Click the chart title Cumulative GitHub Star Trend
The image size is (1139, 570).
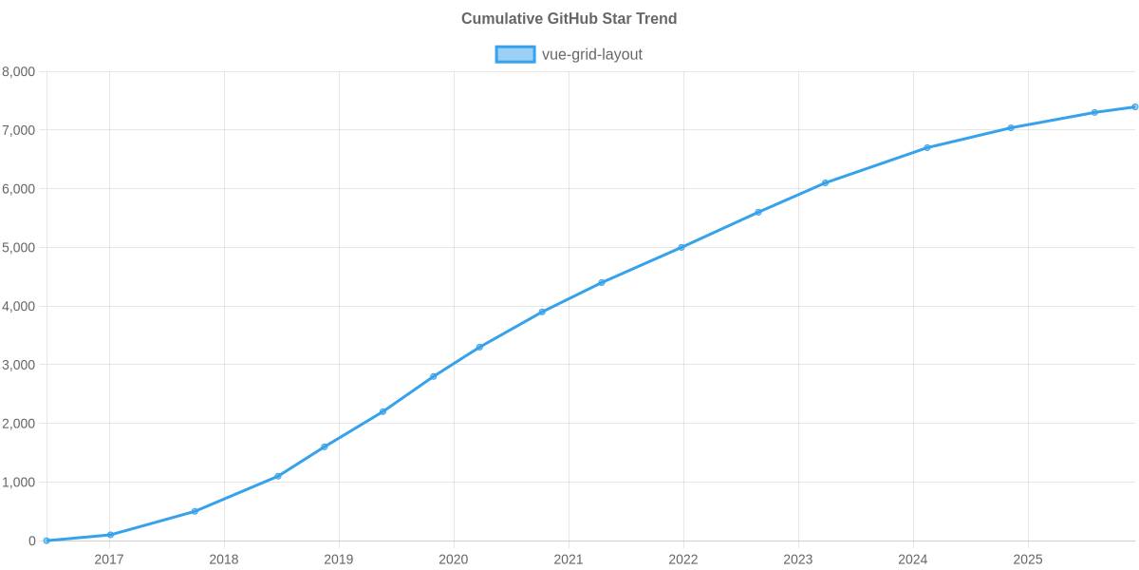(x=569, y=19)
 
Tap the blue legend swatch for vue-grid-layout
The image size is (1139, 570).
(x=514, y=54)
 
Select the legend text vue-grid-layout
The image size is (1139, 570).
(x=591, y=54)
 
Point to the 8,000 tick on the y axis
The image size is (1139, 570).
(x=19, y=71)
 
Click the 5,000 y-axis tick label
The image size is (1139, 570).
(x=19, y=248)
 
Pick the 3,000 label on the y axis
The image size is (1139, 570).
(x=19, y=365)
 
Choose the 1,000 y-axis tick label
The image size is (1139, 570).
(x=19, y=483)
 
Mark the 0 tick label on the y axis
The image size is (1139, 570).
(x=32, y=541)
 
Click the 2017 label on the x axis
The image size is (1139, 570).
(x=109, y=560)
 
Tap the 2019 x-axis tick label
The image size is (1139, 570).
(x=339, y=560)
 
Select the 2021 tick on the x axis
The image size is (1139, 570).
(x=569, y=560)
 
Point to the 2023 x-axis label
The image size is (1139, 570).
(x=798, y=560)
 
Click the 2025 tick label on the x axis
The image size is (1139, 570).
(x=1028, y=560)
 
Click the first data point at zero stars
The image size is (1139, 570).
(x=46, y=541)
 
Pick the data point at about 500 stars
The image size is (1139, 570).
(x=195, y=511)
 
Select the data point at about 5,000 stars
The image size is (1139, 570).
(x=682, y=247)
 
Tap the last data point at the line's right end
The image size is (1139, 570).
(x=1134, y=106)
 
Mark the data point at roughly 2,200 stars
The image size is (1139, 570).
(x=383, y=411)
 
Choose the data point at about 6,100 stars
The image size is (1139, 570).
(x=825, y=182)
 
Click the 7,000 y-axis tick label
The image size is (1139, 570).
(x=19, y=130)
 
